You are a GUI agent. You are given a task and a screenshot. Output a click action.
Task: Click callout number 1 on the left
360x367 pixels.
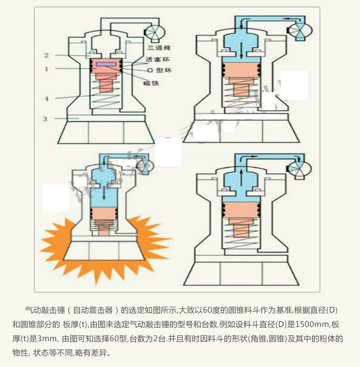[47, 69]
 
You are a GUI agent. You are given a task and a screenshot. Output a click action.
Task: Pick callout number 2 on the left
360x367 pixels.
[47, 55]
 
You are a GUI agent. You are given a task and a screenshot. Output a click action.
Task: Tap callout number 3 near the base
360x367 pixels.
[45, 118]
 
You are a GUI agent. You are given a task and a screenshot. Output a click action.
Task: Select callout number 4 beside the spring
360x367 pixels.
[47, 99]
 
